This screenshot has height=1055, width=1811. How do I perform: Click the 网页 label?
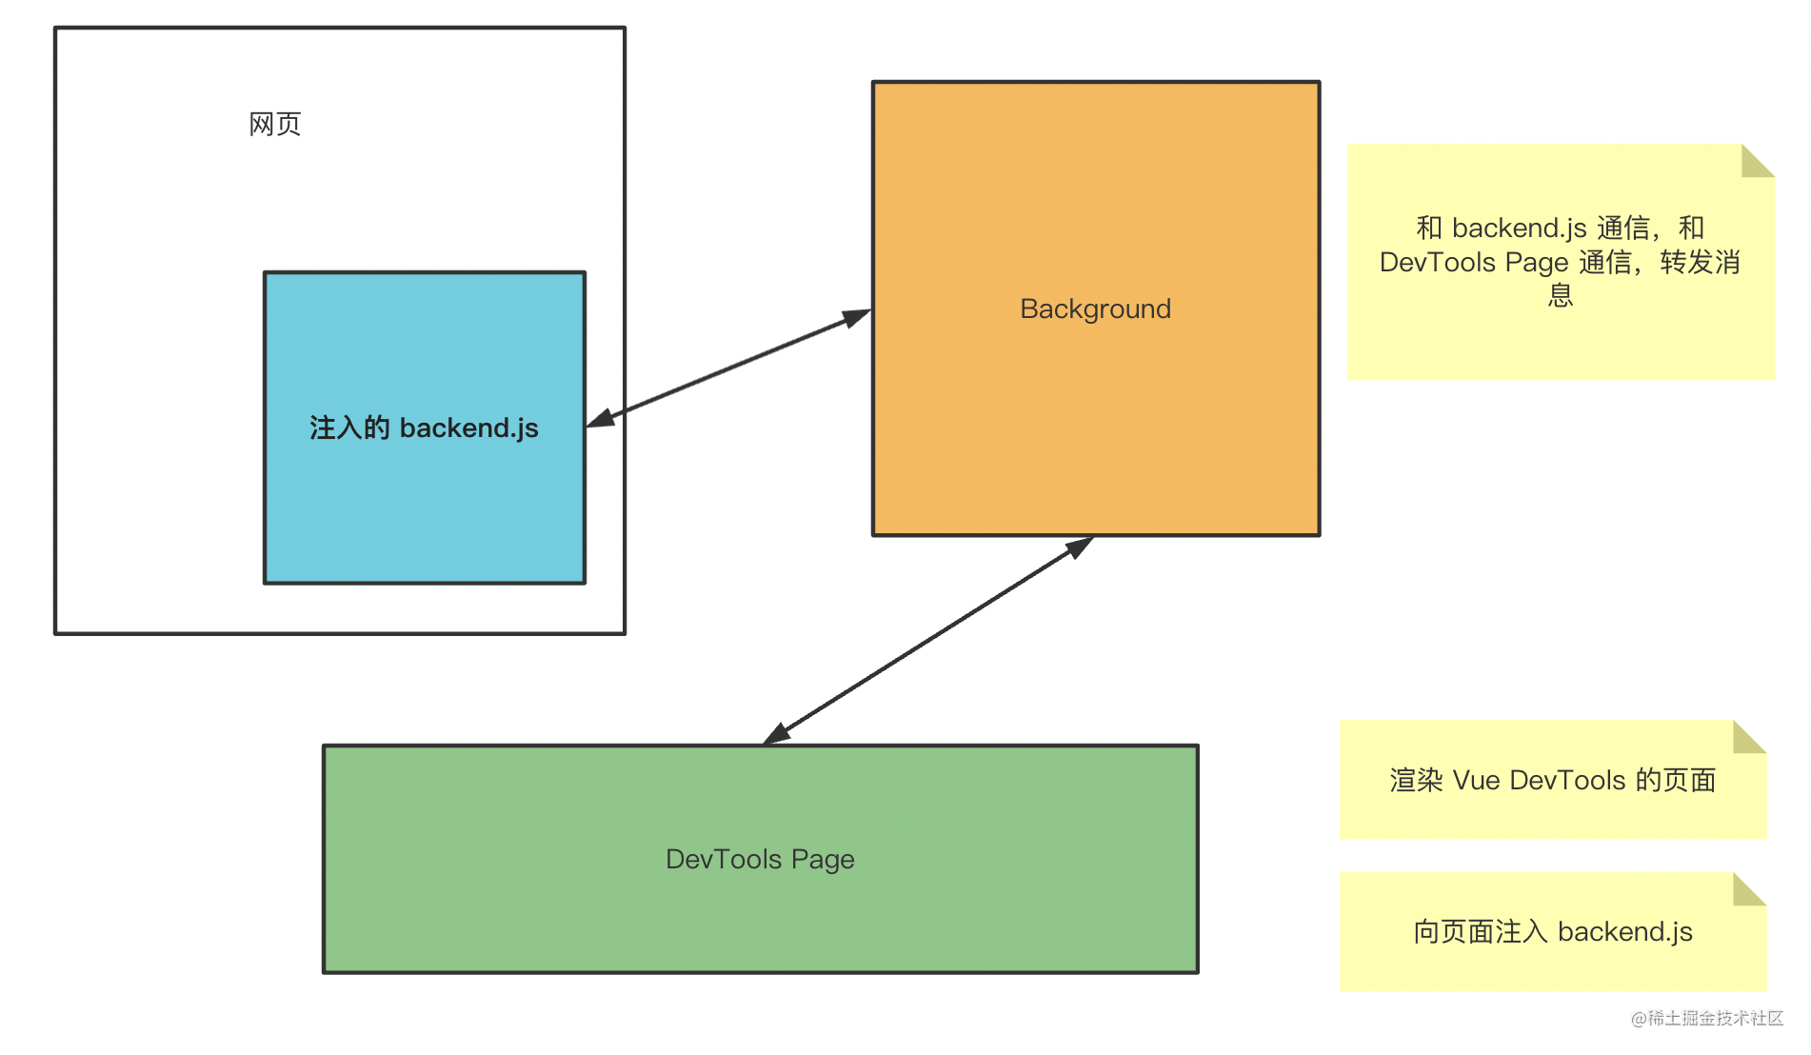[x=275, y=124]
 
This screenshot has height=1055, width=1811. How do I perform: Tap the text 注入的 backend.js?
[x=424, y=428]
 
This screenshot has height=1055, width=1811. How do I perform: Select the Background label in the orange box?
[x=1095, y=309]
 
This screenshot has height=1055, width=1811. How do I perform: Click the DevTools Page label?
[x=760, y=859]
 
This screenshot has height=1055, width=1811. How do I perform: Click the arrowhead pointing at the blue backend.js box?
[x=601, y=419]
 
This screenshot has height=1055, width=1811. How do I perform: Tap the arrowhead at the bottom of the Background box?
[x=1080, y=547]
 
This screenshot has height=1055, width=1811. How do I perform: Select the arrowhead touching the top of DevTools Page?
[x=777, y=733]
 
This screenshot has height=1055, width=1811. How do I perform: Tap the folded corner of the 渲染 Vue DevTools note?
[x=1750, y=736]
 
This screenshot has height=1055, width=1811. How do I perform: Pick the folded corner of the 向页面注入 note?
[x=1750, y=888]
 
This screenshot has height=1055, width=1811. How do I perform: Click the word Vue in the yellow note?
[x=1477, y=781]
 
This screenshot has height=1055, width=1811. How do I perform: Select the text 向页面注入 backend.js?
[x=1553, y=931]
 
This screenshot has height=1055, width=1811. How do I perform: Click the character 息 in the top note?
[x=1561, y=295]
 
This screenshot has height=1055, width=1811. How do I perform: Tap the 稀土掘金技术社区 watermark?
[x=1707, y=1018]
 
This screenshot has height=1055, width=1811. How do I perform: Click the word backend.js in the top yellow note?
[x=1520, y=229]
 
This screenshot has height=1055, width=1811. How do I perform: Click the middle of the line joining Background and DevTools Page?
[x=928, y=640]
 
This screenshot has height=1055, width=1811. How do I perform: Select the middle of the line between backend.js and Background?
[x=728, y=368]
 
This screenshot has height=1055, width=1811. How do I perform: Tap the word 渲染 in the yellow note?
[x=1417, y=781]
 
